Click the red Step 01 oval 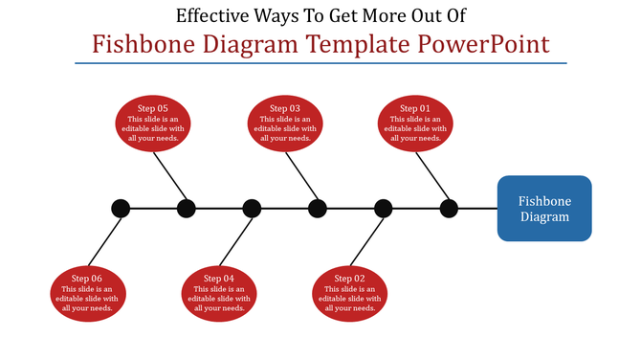[x=415, y=124]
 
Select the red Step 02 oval [x=349, y=292]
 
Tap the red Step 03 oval [x=284, y=124]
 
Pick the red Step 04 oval [x=218, y=292]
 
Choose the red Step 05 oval [x=152, y=124]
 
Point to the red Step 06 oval [x=86, y=292]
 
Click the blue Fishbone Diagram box [x=543, y=209]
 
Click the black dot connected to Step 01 [x=449, y=208]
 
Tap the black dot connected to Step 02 [x=383, y=208]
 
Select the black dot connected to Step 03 [x=318, y=208]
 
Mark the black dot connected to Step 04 [x=252, y=208]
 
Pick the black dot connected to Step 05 [x=187, y=208]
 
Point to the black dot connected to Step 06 [x=121, y=208]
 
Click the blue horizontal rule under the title [x=320, y=63]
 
